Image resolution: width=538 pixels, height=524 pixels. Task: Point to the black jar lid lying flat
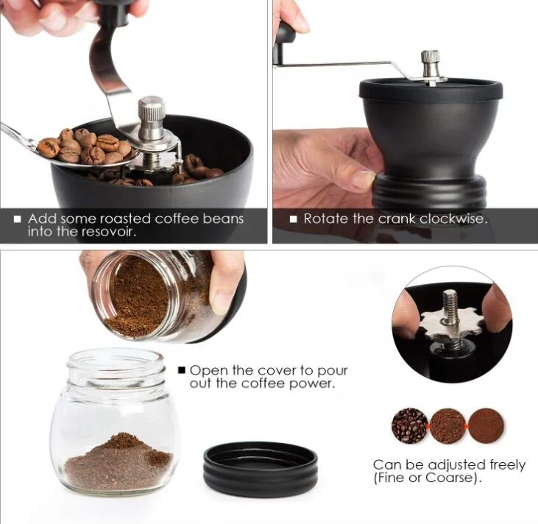(x=260, y=468)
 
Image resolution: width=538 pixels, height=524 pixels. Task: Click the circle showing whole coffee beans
(x=408, y=425)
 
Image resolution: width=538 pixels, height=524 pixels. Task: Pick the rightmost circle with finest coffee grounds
(x=486, y=425)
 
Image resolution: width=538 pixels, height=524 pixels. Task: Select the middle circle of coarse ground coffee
(x=447, y=425)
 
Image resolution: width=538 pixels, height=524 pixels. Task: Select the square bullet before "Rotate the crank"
(x=293, y=219)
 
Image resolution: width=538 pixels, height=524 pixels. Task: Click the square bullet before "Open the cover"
(x=181, y=371)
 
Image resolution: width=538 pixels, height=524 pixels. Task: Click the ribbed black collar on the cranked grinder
(x=429, y=192)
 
